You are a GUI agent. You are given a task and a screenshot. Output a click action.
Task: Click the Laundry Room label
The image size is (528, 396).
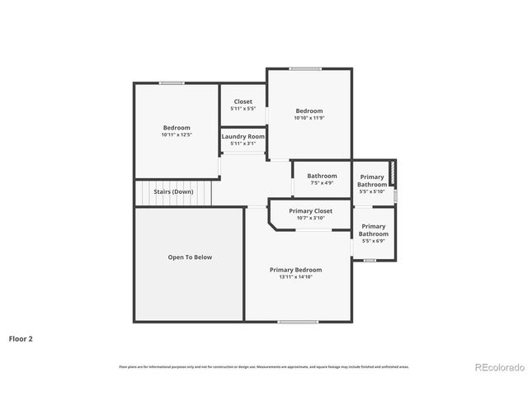point(243,136)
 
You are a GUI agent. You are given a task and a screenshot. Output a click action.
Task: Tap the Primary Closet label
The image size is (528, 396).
point(310,211)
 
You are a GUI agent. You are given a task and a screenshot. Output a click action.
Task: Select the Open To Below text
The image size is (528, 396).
point(190,257)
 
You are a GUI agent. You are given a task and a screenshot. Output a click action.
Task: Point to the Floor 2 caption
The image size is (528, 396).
point(21,338)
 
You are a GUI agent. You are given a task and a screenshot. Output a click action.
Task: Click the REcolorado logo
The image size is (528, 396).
point(498,367)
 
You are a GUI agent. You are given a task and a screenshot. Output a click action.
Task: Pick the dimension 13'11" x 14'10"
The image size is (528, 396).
point(295,277)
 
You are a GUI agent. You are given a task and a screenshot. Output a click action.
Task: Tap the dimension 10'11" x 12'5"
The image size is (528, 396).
point(177,134)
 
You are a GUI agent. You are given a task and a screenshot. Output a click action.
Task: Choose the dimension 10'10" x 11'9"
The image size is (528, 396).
point(309,118)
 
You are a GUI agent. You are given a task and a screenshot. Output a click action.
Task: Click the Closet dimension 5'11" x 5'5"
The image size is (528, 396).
point(243,109)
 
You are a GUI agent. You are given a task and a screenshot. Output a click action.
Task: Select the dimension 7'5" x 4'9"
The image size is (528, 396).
point(322,182)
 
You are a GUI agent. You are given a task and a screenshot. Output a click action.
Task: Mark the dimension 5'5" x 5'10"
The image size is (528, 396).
point(371,191)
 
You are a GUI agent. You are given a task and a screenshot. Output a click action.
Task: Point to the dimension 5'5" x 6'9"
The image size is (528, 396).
point(373,241)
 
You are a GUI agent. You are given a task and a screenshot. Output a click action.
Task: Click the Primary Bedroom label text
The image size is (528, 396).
point(295,270)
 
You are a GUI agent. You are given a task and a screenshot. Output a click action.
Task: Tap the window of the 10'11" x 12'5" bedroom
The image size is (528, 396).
point(172,82)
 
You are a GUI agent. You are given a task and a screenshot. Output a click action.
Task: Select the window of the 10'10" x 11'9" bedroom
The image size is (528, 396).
point(305,68)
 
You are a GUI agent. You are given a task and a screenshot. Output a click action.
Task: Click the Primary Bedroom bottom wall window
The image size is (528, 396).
point(298,322)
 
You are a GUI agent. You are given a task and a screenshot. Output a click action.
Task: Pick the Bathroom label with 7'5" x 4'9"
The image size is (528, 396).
point(322,176)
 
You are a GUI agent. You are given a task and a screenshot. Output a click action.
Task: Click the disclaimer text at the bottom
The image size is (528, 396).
point(264,366)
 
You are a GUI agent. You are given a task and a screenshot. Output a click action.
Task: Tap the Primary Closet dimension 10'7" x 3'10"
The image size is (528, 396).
point(310,219)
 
